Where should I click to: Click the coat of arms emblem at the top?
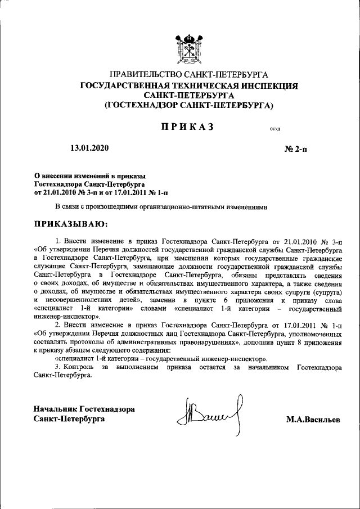pos(189,47)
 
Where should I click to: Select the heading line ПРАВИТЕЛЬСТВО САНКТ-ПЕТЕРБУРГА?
pos(189,74)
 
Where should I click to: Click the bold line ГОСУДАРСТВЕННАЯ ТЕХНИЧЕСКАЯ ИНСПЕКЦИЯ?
pos(189,85)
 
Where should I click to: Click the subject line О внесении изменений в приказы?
pos(90,177)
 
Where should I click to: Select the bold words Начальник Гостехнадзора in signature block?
pos(84,409)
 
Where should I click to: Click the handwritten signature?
pos(209,415)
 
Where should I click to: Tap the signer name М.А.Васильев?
pos(313,420)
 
